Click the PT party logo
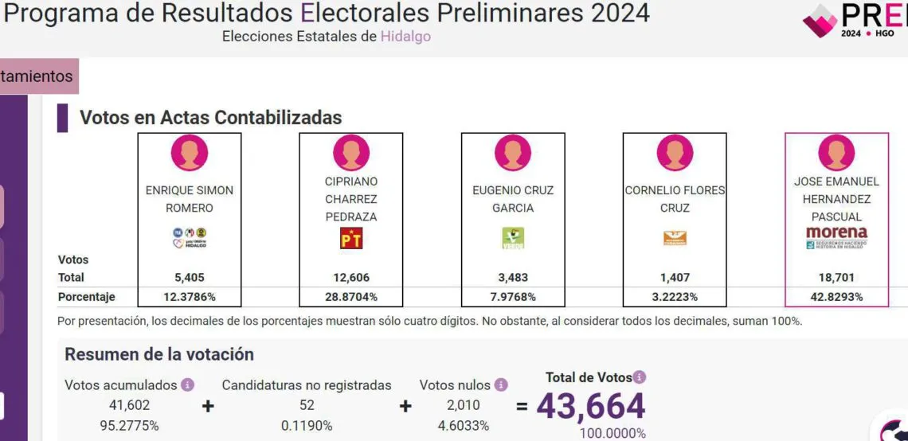click(x=351, y=238)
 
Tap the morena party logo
click(x=836, y=237)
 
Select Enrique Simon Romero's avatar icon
click(x=190, y=153)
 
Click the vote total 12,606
click(x=351, y=278)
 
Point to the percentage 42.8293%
click(x=836, y=297)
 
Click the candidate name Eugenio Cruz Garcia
click(x=513, y=199)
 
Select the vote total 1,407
click(x=675, y=278)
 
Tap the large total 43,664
click(x=590, y=407)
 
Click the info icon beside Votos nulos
click(x=501, y=385)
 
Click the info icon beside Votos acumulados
click(x=188, y=385)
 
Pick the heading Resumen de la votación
click(x=159, y=354)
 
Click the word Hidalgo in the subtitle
click(x=405, y=37)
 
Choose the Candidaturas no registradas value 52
click(x=307, y=405)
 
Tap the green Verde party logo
click(x=513, y=238)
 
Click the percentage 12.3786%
click(x=190, y=297)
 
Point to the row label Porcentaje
click(x=87, y=297)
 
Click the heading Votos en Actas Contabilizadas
click(x=210, y=118)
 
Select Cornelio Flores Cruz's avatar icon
click(x=675, y=153)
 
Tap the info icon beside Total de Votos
click(x=640, y=377)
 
